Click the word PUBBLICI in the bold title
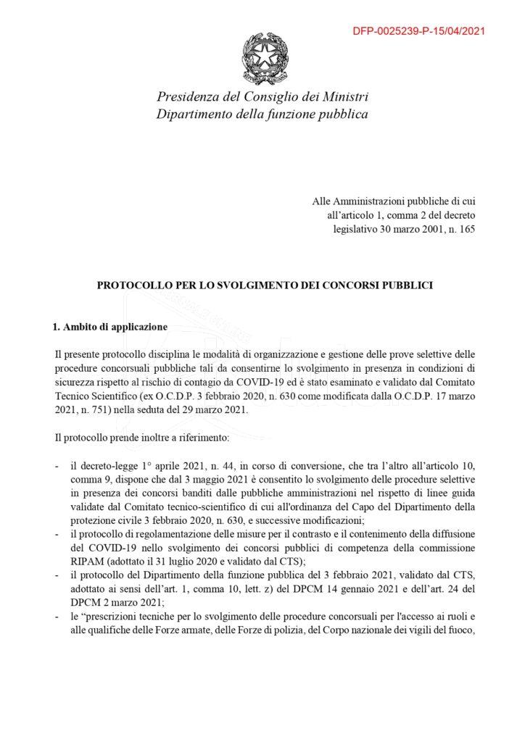click(407, 285)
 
